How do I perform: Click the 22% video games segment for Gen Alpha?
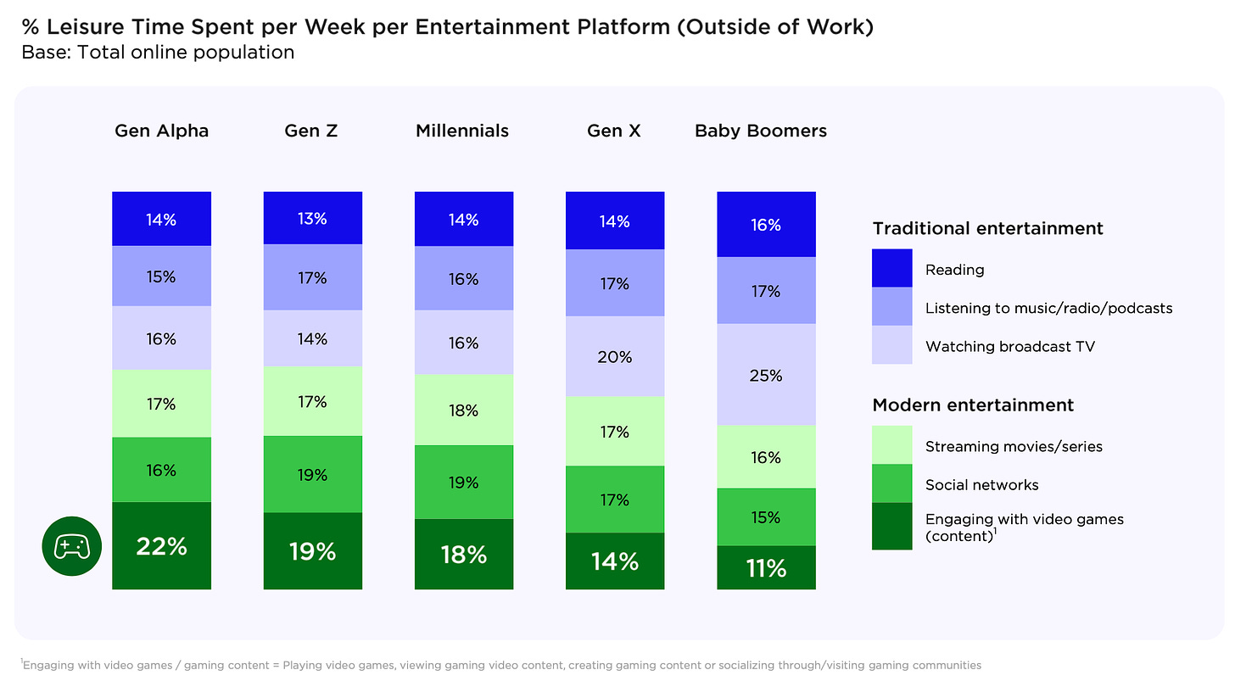(161, 546)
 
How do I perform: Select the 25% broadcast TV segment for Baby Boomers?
(766, 375)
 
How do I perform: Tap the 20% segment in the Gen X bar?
(615, 357)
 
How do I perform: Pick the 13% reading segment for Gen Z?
(313, 218)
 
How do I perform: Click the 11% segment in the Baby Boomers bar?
(766, 568)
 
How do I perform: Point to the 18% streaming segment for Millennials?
(464, 410)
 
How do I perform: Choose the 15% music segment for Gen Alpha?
(161, 276)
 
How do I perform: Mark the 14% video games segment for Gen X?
(615, 561)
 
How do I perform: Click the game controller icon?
(71, 547)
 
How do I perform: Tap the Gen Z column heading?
(313, 131)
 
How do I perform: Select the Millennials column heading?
(462, 131)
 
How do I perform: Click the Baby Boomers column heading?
(761, 131)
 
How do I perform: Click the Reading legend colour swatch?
(892, 268)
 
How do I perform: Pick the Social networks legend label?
(981, 485)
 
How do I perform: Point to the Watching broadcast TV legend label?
(1010, 346)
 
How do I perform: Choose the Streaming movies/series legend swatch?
(892, 444)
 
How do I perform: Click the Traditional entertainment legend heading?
(987, 228)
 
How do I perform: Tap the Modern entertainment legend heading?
(973, 405)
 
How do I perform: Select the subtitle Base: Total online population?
(158, 53)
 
